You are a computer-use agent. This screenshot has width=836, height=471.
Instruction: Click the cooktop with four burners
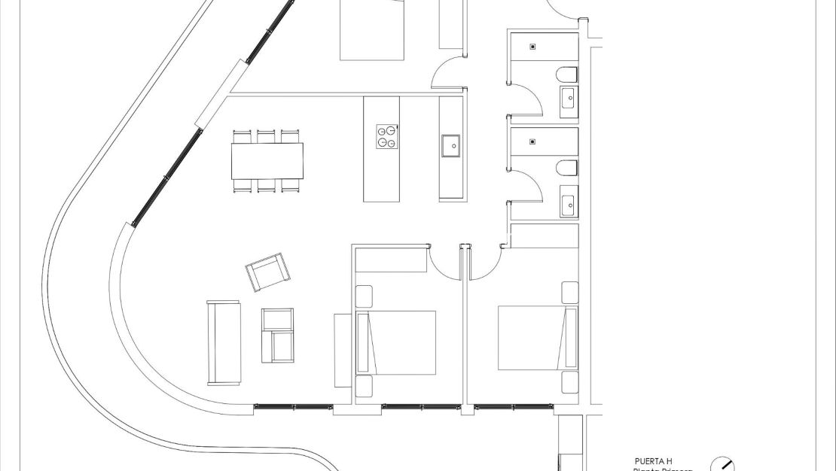pos(387,136)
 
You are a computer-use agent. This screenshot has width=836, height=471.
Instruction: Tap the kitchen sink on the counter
pos(451,146)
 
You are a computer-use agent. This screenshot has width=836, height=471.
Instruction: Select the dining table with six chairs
pos(267,161)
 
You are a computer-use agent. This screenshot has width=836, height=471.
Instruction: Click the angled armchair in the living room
pos(267,272)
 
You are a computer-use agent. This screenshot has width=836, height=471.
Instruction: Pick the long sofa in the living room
pos(224,342)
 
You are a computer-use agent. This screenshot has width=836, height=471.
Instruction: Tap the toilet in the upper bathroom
pos(568,74)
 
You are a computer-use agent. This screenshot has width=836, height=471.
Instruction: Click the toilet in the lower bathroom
pos(568,167)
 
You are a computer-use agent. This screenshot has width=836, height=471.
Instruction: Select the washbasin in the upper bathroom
pos(569,96)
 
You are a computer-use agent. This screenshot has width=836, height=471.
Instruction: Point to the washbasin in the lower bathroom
pos(569,203)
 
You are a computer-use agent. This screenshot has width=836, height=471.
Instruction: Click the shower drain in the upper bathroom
pos(533,47)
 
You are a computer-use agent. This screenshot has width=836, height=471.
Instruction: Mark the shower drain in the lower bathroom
pos(533,141)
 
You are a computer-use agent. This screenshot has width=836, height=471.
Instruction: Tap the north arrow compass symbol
pos(722,465)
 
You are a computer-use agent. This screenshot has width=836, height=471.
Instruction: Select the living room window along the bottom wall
pos(294,406)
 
